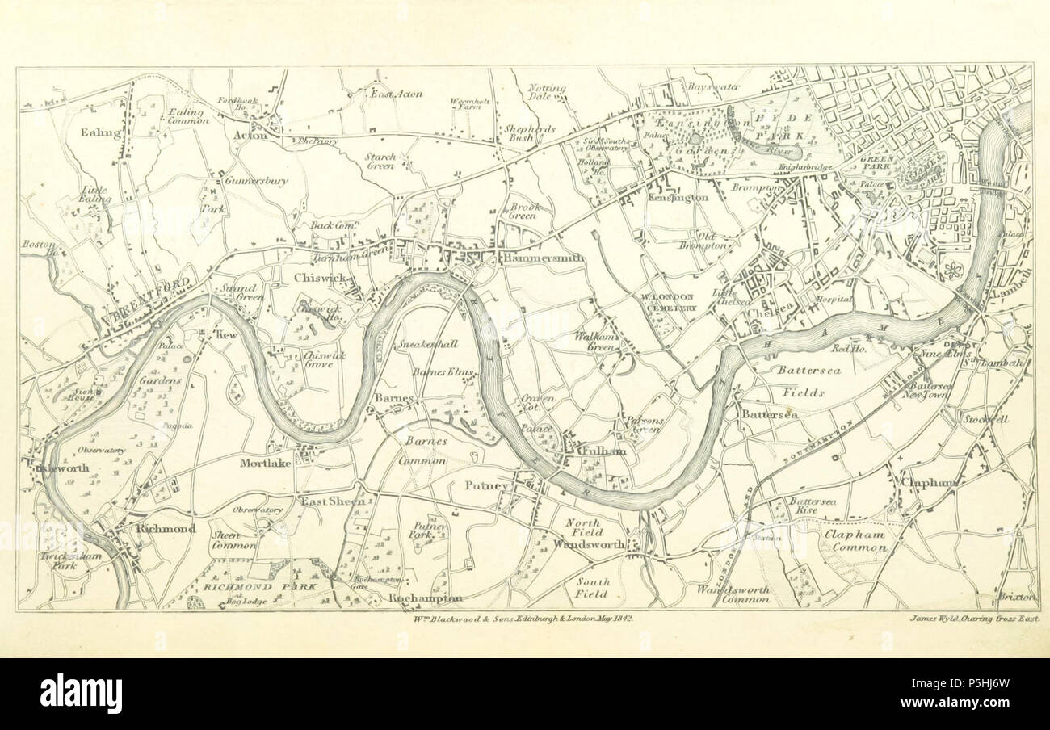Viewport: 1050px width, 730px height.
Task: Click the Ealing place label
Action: click(x=100, y=132)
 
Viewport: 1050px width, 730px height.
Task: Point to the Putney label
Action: click(x=486, y=485)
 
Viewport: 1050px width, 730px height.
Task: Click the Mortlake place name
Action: click(x=265, y=464)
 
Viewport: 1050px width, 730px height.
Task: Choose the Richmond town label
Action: click(x=166, y=529)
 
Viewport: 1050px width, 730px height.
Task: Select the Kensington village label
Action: click(x=678, y=197)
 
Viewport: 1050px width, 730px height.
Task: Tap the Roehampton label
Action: click(x=425, y=598)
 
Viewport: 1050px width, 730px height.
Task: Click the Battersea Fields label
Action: click(x=801, y=381)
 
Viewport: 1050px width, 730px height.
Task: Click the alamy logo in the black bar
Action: click(x=81, y=694)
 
